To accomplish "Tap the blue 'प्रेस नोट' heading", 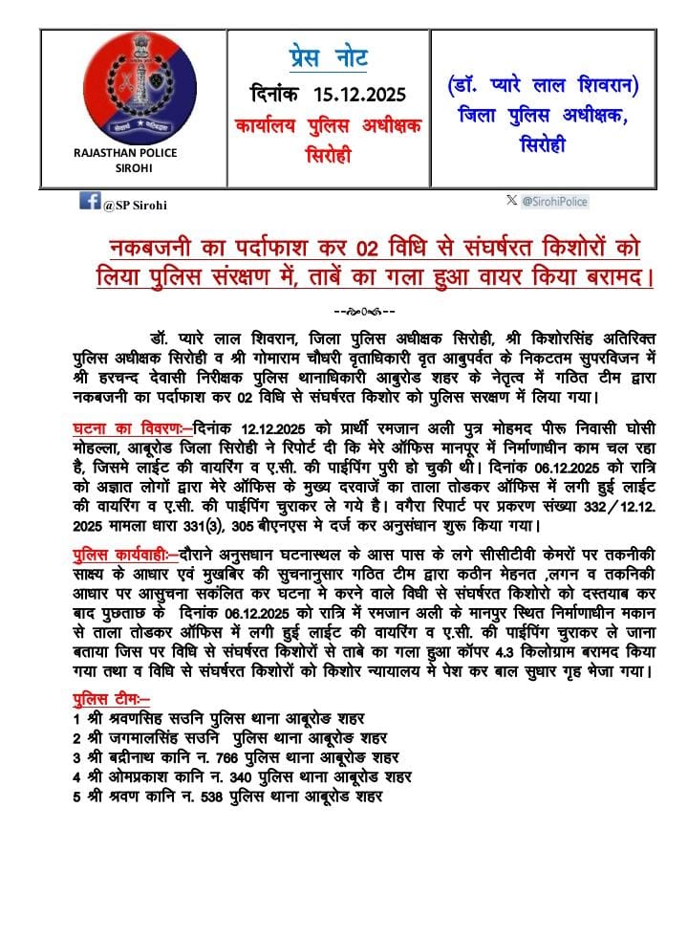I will point(329,57).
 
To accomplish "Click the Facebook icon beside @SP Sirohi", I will point(90,201).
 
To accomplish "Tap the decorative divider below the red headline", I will point(363,312).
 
